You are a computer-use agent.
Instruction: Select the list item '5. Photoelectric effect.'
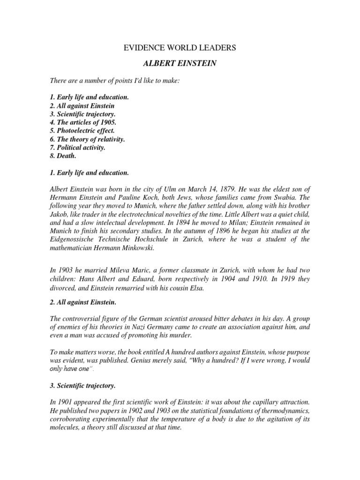point(82,131)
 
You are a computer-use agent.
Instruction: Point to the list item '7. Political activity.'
point(78,148)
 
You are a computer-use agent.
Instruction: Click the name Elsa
point(196,287)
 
